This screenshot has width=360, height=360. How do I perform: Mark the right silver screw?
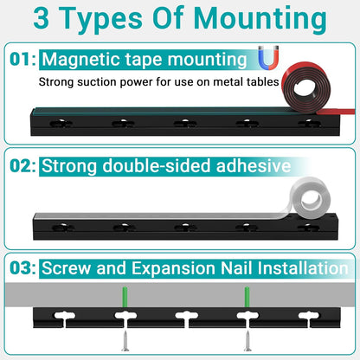[247, 340]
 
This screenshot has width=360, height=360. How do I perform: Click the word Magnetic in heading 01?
[79, 60]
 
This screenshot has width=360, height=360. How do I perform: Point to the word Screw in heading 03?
[66, 268]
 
